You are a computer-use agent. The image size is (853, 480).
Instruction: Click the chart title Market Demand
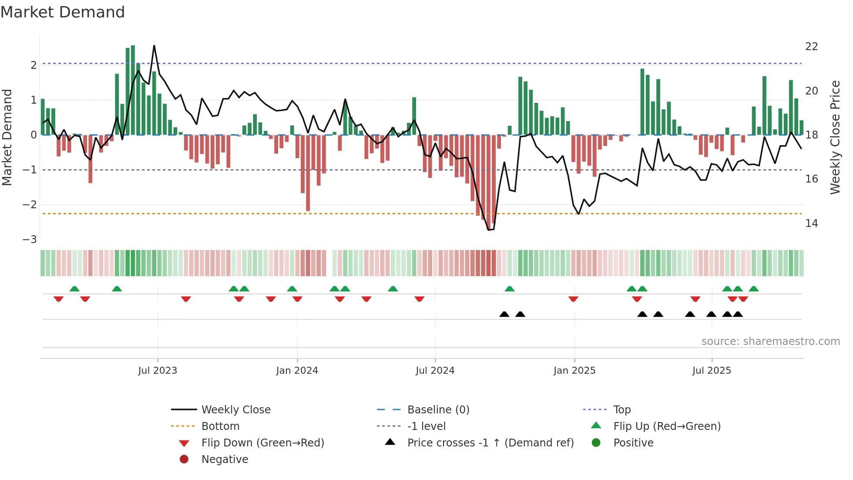tap(63, 12)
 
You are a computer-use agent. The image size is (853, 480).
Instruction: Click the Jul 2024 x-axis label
tap(435, 371)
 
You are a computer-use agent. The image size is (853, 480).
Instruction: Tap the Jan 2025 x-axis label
tap(574, 371)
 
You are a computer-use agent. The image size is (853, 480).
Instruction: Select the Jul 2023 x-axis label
tap(158, 371)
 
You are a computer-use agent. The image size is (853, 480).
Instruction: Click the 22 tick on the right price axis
tap(811, 47)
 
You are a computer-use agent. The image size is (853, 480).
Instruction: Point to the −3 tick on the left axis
tap(30, 240)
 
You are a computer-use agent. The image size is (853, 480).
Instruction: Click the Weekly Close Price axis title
tap(835, 137)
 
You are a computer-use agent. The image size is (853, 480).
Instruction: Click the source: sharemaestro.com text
tap(770, 341)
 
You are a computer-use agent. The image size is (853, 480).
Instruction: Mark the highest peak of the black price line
tap(154, 46)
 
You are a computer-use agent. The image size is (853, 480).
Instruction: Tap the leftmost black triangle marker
tap(504, 314)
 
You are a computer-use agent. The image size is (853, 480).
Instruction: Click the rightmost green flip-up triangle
tap(754, 289)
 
